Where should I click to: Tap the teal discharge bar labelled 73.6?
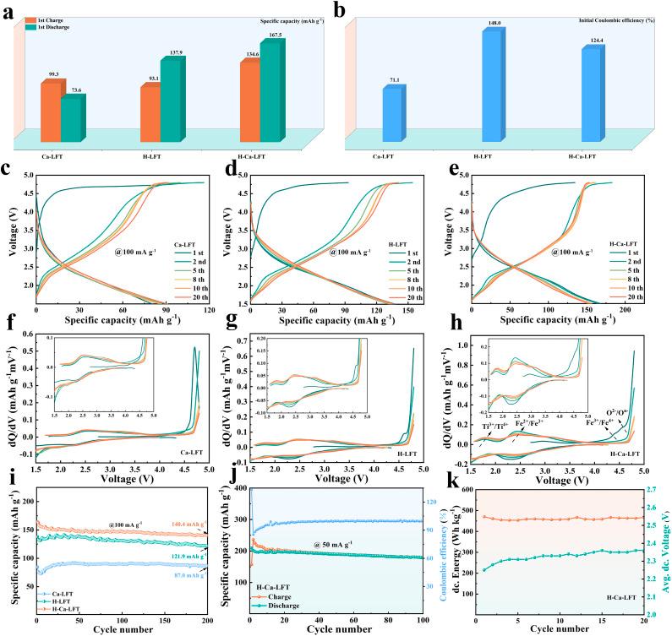tap(72, 118)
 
